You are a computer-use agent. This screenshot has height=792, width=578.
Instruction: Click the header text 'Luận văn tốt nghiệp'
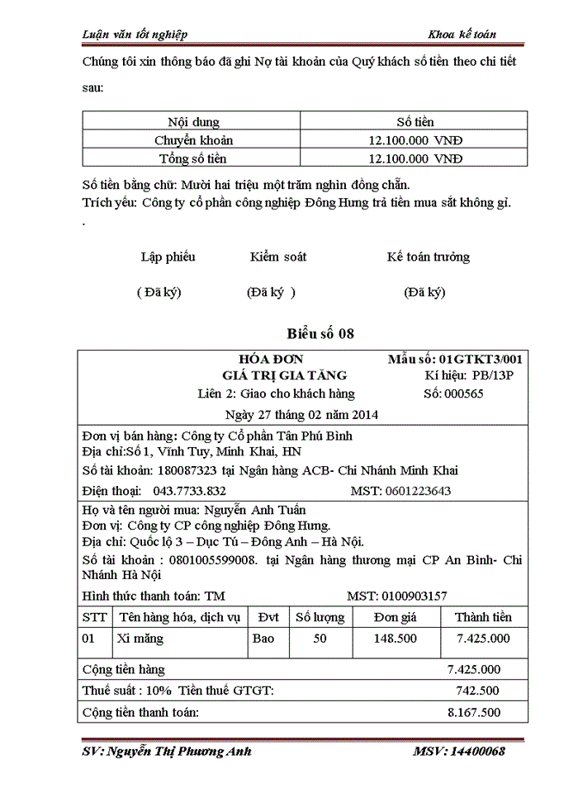135,34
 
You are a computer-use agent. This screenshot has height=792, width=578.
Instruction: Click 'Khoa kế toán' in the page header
462,34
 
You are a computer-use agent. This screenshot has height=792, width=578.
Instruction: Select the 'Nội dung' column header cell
193,122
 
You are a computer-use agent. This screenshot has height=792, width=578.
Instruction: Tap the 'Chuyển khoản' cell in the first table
193,140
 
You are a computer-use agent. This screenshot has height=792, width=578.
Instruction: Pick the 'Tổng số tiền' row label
193,158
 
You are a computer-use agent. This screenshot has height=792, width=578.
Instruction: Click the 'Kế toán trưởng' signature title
428,257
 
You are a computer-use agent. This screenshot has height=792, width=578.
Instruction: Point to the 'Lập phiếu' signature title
168,257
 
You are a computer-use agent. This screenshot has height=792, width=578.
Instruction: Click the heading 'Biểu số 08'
320,334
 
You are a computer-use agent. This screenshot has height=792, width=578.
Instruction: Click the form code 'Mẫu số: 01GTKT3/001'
454,359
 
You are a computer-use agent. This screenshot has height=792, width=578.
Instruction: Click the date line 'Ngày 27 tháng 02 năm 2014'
301,413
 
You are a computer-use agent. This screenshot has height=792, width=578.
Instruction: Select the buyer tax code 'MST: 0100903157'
397,596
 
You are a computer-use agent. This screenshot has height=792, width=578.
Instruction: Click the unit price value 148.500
395,639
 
